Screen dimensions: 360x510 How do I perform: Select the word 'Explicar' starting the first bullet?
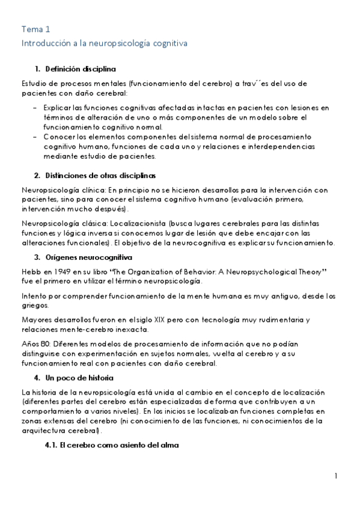[58, 108]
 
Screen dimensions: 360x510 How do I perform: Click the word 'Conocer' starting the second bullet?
[59, 137]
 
